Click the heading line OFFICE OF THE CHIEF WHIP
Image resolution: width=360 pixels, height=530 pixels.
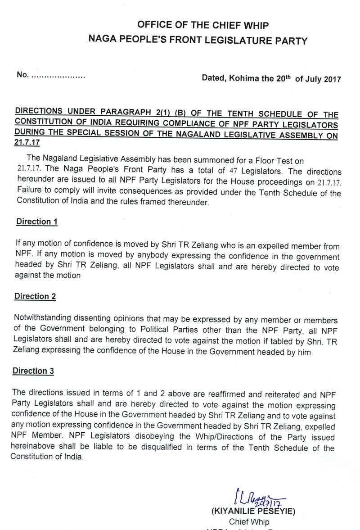pyautogui.click(x=197, y=25)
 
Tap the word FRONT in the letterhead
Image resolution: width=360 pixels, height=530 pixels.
pyautogui.click(x=185, y=41)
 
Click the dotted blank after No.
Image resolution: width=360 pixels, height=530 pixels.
pyautogui.click(x=58, y=77)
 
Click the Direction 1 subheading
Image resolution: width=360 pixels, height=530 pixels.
pyautogui.click(x=38, y=222)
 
